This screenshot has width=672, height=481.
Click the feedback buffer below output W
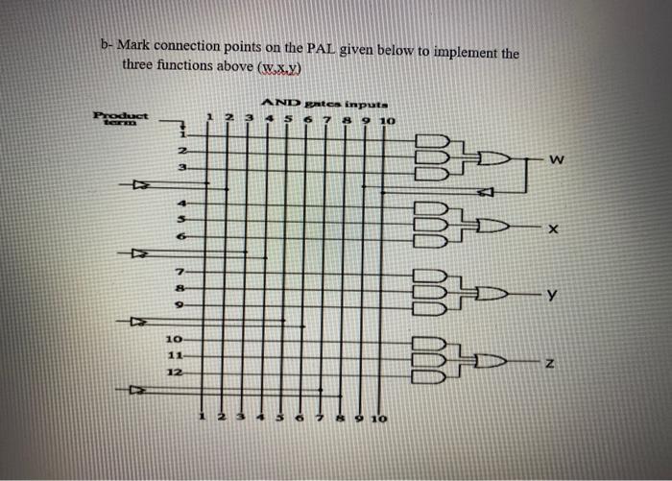pos(485,192)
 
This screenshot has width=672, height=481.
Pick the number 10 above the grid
pos(386,122)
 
